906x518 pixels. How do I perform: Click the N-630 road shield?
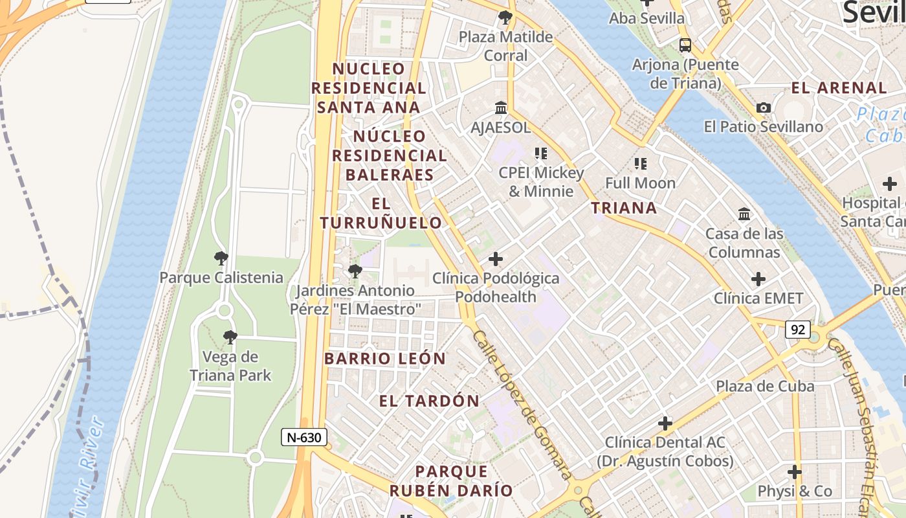point(304,437)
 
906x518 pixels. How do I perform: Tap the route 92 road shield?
point(798,330)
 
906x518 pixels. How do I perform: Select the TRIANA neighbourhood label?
point(624,208)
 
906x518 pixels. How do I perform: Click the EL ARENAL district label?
point(839,88)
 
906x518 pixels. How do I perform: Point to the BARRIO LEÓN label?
point(385,359)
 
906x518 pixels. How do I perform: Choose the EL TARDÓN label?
point(429,401)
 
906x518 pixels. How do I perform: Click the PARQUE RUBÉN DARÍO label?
point(451,480)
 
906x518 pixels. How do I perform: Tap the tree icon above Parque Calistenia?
point(221,259)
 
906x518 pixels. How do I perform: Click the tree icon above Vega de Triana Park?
point(230,337)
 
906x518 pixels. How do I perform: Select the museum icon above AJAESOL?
point(501,107)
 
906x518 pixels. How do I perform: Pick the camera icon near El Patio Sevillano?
point(764,108)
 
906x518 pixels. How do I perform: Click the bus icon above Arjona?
point(685,45)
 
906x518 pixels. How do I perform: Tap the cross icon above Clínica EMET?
point(758,280)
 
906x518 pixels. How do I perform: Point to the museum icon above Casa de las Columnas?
point(744,214)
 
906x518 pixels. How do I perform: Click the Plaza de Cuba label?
point(765,387)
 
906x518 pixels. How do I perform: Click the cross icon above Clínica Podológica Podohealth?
point(496,260)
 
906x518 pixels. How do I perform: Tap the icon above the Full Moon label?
point(641,164)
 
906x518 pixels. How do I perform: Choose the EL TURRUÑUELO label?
point(381,213)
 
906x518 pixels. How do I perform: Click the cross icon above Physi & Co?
point(795,472)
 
